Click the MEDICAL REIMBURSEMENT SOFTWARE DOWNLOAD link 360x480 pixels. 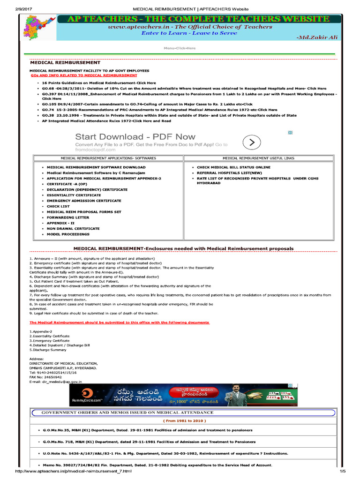click(96, 167)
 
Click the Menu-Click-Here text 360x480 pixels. click(180, 48)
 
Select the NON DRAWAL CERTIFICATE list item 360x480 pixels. click(73, 229)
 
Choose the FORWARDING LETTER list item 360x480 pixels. click(67, 217)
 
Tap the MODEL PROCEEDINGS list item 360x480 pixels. click(68, 234)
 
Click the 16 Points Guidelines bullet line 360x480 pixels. click(98, 82)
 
